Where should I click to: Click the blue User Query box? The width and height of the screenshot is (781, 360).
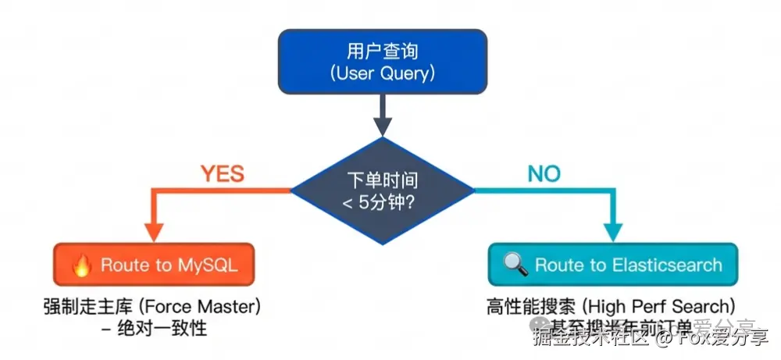pyautogui.click(x=382, y=62)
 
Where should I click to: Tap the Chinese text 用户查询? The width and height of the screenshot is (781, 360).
pyautogui.click(x=382, y=52)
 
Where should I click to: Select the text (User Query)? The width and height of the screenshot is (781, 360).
pyautogui.click(x=382, y=74)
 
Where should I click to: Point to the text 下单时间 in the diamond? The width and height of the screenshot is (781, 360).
pyautogui.click(x=382, y=180)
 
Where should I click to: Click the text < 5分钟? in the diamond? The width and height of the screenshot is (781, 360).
pyautogui.click(x=382, y=201)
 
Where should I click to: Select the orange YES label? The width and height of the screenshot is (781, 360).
pyautogui.click(x=223, y=173)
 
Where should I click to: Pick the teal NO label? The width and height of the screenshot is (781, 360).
pyautogui.click(x=544, y=173)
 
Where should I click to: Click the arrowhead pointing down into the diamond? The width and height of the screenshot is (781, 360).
pyautogui.click(x=382, y=127)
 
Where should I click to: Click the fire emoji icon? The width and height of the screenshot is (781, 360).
pyautogui.click(x=82, y=265)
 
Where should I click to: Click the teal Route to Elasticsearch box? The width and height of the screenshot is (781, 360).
pyautogui.click(x=613, y=265)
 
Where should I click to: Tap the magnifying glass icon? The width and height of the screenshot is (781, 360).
pyautogui.click(x=515, y=265)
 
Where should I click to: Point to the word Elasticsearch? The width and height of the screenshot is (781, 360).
pyautogui.click(x=666, y=266)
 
